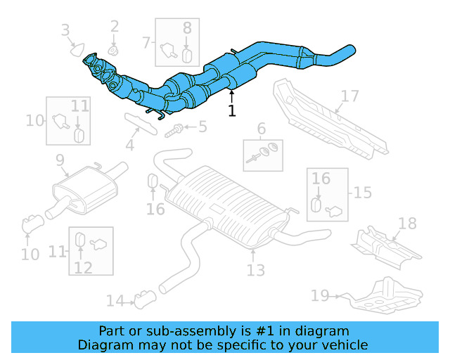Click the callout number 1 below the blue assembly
[232, 110]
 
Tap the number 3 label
[65, 30]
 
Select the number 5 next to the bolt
[202, 127]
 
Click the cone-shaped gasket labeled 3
[75, 49]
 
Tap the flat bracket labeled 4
[139, 122]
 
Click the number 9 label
[60, 160]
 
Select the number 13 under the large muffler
[255, 269]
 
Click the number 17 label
[349, 96]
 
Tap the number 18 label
[407, 224]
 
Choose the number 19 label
[320, 296]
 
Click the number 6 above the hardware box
[261, 128]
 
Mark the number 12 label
[83, 266]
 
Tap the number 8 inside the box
[187, 28]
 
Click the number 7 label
[146, 42]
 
